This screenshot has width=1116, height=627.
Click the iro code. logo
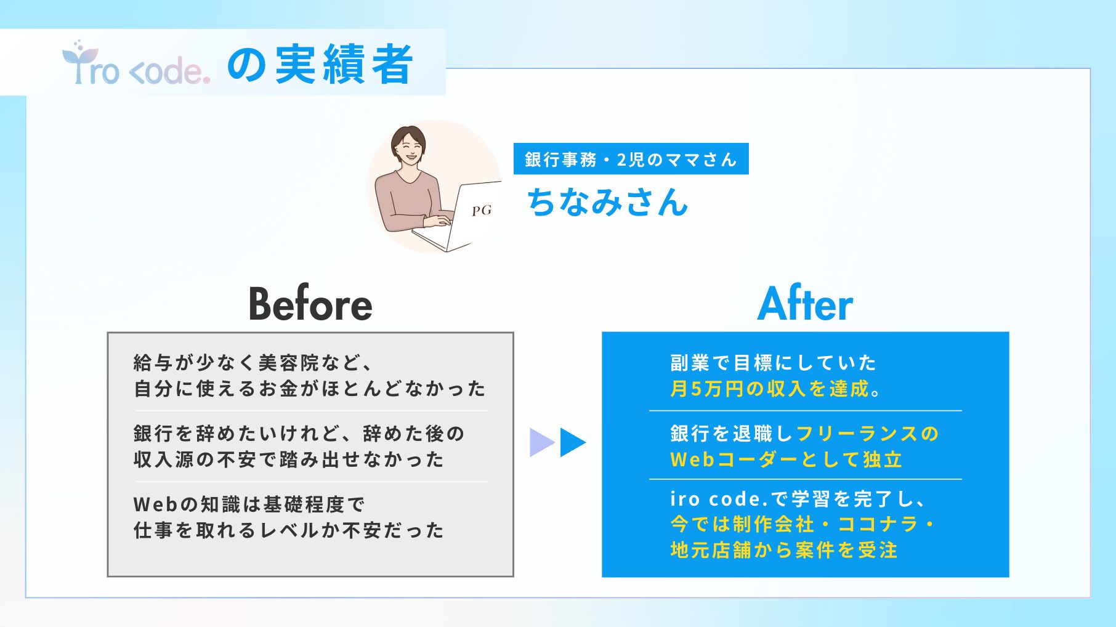(136, 64)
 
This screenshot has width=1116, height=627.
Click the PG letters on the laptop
(482, 211)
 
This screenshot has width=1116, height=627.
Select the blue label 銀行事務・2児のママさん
(631, 159)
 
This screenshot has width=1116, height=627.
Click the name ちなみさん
(607, 202)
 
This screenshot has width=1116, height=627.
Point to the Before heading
(310, 304)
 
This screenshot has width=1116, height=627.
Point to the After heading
(806, 304)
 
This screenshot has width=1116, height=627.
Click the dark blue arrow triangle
(571, 442)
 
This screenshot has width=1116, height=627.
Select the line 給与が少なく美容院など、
(253, 362)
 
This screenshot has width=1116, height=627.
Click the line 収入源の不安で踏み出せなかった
(289, 459)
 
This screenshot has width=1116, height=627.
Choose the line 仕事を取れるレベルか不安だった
(289, 530)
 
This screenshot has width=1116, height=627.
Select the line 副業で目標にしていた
(774, 362)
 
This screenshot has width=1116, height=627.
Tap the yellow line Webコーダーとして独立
(786, 459)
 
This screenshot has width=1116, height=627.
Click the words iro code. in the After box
(716, 498)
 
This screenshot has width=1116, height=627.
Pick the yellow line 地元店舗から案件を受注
(784, 550)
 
